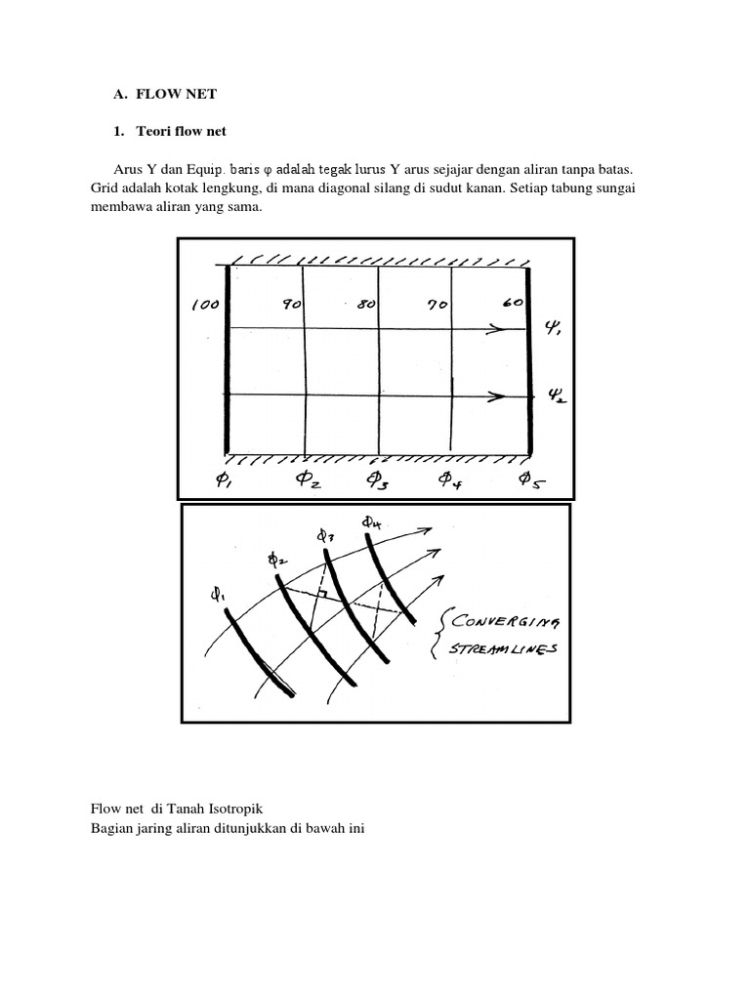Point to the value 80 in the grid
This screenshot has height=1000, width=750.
366,305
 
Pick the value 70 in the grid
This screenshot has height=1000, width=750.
437,305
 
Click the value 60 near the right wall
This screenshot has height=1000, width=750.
512,303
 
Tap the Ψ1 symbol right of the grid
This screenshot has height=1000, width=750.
554,330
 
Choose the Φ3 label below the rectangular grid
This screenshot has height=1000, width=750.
379,479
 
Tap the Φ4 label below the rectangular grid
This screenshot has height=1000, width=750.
450,479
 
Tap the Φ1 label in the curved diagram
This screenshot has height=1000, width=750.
217,593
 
